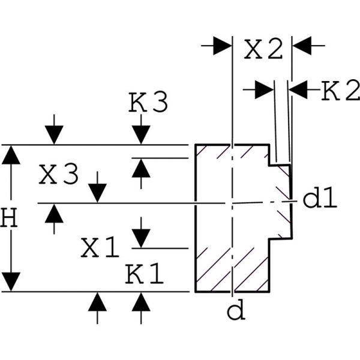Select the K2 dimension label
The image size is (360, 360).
[x=340, y=91]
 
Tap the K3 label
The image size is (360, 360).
[x=148, y=103]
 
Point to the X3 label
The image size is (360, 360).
[x=58, y=175]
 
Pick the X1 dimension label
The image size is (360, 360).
[x=100, y=247]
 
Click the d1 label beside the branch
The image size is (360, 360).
[x=319, y=199]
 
